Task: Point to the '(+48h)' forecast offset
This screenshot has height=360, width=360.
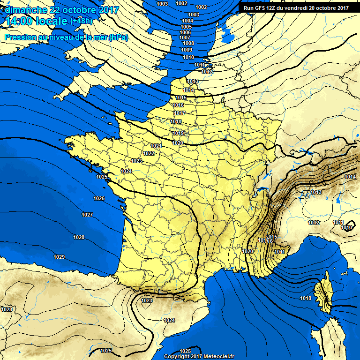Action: [81, 21]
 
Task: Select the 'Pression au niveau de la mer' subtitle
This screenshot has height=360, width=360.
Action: [66, 37]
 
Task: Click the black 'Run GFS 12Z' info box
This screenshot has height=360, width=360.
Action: [296, 7]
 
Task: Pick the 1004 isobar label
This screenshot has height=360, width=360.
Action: [187, 21]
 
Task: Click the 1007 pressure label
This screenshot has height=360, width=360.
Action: [185, 37]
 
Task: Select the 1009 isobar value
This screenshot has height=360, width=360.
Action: [187, 50]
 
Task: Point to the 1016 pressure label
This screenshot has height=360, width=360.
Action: [179, 105]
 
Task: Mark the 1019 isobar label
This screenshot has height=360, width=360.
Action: [178, 134]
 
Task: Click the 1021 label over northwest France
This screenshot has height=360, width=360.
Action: [156, 146]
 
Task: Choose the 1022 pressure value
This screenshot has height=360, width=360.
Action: [149, 153]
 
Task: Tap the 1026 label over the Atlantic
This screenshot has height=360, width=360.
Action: [99, 198]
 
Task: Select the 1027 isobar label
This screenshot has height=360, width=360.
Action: [87, 215]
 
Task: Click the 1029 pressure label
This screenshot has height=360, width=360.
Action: [59, 257]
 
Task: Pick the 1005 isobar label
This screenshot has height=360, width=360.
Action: [186, 27]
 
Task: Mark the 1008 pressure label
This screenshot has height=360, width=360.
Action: [188, 43]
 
